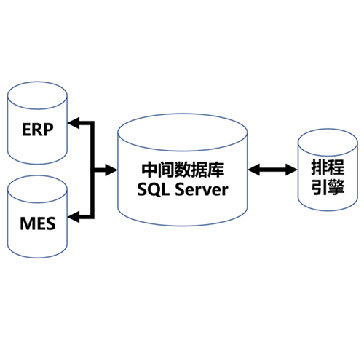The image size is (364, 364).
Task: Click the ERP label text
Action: pos(38,130)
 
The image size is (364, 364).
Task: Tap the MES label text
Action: pos(38,223)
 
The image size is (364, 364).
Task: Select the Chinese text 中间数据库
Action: pos(183,170)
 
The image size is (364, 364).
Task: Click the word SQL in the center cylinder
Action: pos(153,189)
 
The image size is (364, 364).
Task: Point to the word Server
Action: pos(202,189)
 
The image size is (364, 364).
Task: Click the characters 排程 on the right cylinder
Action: pos(328,167)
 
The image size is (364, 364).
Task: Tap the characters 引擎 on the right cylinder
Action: pos(328,187)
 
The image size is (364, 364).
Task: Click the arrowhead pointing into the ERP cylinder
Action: pos(74,123)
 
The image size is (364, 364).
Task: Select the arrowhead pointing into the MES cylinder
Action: pos(74,217)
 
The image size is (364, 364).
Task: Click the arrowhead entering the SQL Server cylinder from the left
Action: pos(111,170)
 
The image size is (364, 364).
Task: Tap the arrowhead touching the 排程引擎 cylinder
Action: pos(291,170)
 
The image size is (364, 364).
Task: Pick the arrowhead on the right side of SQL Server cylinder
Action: pos(254,170)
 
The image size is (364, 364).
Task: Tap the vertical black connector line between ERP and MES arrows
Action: pos(92,170)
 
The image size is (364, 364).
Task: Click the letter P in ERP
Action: pos(49,130)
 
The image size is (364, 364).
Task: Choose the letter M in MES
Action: pos(27,223)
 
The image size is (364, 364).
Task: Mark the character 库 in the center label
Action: pos(216,170)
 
